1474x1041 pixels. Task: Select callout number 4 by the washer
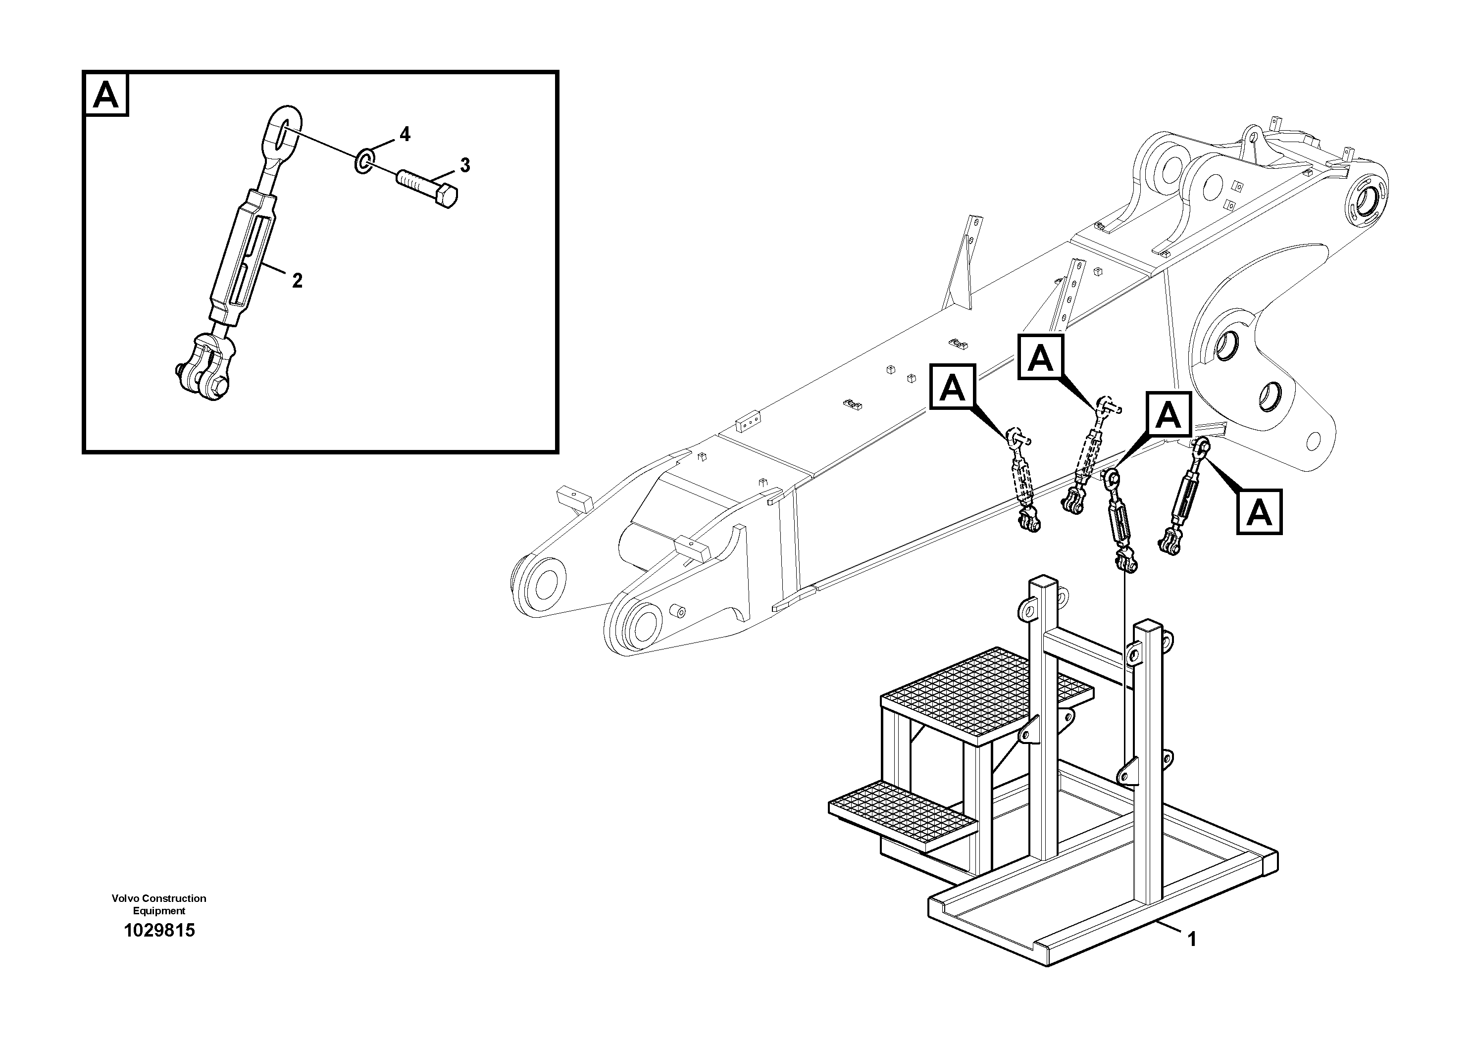(x=405, y=134)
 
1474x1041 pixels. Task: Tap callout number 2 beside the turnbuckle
(x=297, y=281)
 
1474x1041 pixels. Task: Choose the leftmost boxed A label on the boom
(x=953, y=387)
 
